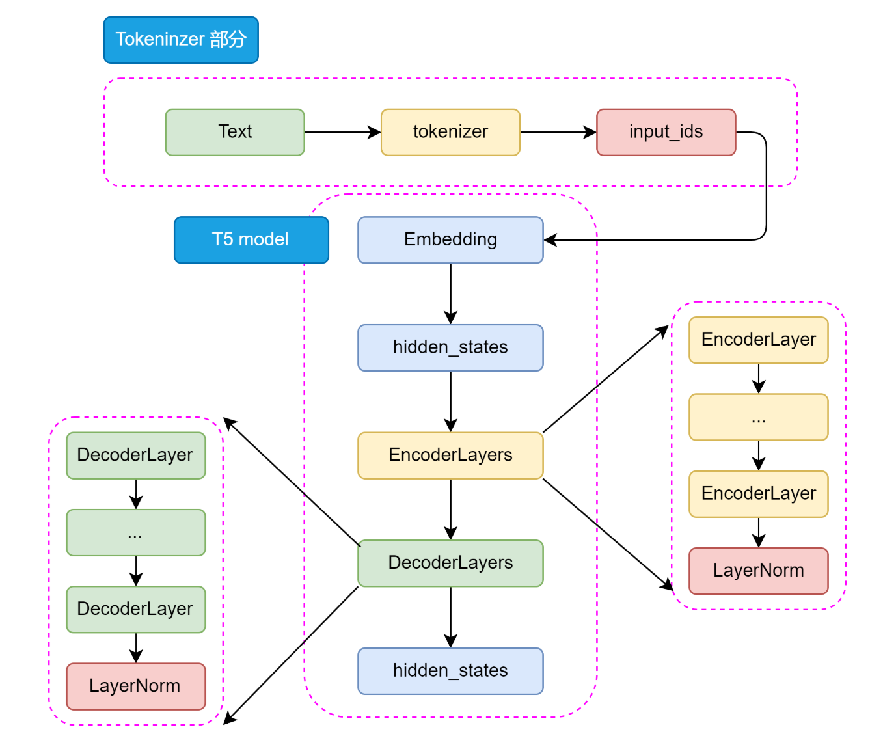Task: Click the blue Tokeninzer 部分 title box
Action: tap(181, 40)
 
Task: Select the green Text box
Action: tap(234, 132)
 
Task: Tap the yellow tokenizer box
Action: tap(450, 132)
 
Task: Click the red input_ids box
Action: tap(666, 132)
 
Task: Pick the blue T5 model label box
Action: tap(251, 239)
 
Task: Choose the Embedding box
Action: tap(450, 239)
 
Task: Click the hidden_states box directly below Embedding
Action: tap(450, 347)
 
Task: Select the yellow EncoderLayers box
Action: tap(450, 455)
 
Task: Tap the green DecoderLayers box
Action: tap(450, 563)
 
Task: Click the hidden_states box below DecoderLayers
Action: tap(450, 671)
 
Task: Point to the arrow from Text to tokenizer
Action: tap(343, 132)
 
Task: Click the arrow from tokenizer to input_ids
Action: tap(558, 132)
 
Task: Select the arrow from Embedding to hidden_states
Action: tap(450, 294)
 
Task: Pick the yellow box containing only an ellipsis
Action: tap(758, 416)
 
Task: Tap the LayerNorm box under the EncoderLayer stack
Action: tap(758, 571)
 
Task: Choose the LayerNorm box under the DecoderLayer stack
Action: tap(135, 686)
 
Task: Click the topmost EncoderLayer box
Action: tap(758, 340)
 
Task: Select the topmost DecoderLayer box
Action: tap(135, 455)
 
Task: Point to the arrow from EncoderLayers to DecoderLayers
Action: tap(450, 510)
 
